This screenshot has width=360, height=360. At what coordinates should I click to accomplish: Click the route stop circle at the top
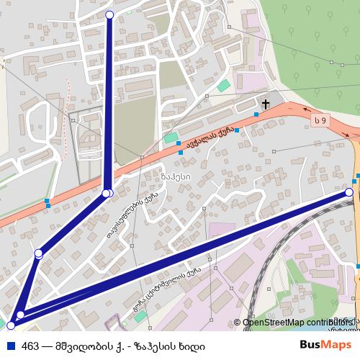tap(109, 14)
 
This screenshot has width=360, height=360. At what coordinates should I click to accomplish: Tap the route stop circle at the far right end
tap(349, 192)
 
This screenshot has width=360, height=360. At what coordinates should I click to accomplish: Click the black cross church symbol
tap(265, 104)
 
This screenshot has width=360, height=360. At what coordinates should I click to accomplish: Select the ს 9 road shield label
tap(320, 120)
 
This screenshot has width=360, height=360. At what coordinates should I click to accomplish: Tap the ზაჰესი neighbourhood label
tap(176, 176)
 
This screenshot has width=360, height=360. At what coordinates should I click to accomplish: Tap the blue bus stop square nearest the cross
tap(256, 114)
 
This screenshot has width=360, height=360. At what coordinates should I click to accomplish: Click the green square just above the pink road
tap(171, 138)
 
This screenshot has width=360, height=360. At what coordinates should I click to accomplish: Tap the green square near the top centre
tap(224, 86)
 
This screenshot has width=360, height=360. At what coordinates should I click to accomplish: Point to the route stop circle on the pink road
tap(107, 193)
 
